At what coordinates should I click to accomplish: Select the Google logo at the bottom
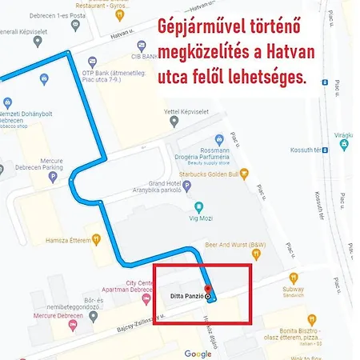coord(198,354)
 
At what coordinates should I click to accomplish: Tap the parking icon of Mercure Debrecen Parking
coord(53,175)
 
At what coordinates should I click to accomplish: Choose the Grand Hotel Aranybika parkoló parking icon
coord(187,186)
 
